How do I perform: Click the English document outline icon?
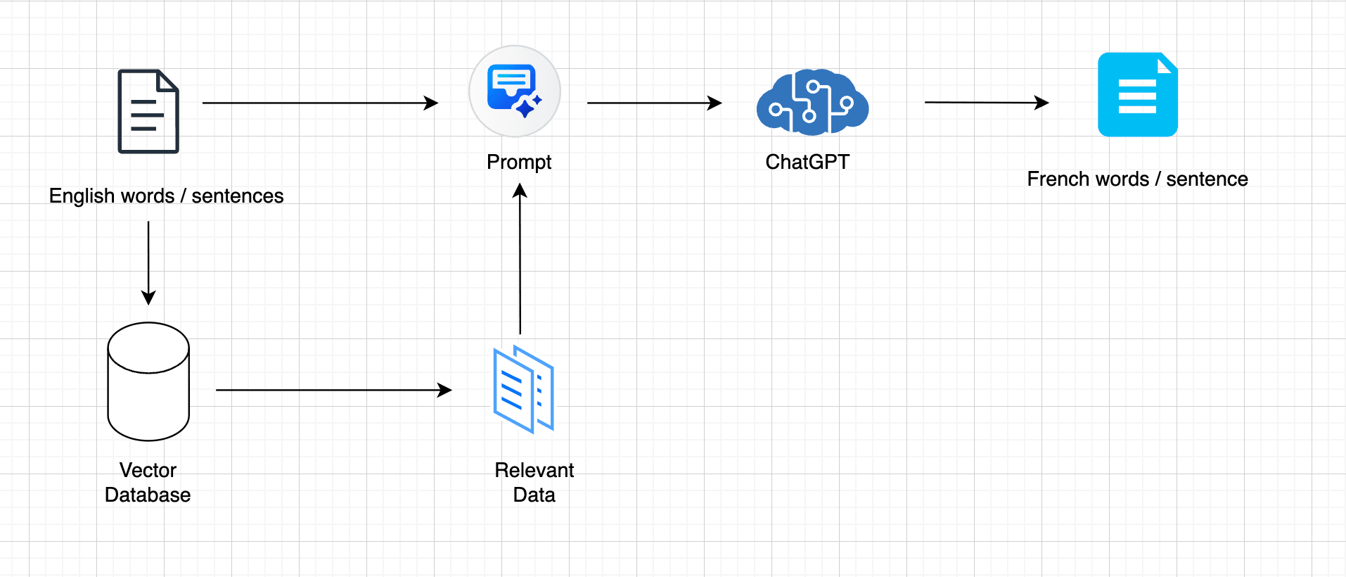(148, 111)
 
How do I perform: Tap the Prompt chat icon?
(515, 91)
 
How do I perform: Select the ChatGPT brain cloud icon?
(812, 102)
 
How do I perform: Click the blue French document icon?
(1138, 94)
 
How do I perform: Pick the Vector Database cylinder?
(148, 381)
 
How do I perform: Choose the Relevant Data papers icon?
(524, 389)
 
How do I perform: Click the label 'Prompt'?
(519, 163)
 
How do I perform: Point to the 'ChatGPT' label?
(807, 162)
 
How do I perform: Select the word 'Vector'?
(148, 470)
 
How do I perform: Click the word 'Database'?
(148, 495)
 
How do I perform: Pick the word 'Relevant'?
(534, 470)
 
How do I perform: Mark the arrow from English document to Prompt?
(321, 103)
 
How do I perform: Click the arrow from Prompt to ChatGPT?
(655, 103)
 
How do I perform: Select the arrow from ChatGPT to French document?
(987, 103)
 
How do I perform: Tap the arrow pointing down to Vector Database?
(148, 263)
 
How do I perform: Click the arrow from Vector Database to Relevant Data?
(334, 390)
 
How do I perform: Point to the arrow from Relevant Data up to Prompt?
(520, 258)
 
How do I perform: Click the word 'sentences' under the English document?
(238, 196)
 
